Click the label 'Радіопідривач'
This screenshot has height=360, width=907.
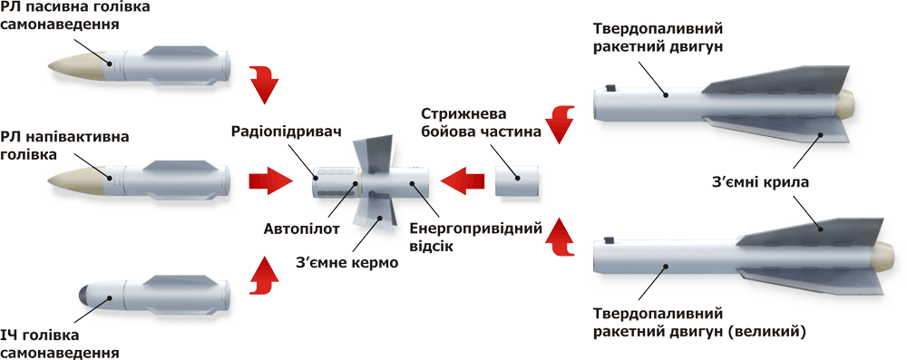point(287,131)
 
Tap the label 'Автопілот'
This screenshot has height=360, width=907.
point(293,227)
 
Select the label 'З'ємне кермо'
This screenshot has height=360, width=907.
point(346,263)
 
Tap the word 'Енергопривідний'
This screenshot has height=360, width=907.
point(476,228)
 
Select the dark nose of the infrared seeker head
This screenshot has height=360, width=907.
point(87,294)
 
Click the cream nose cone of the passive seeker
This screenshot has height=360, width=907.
point(80,64)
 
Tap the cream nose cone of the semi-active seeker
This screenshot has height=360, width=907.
point(80,181)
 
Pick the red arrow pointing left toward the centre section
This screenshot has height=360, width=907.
point(463,180)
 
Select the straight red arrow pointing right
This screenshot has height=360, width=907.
point(271,180)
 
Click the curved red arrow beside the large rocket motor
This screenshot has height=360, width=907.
point(561,238)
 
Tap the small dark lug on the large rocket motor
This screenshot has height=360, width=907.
point(608,238)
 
